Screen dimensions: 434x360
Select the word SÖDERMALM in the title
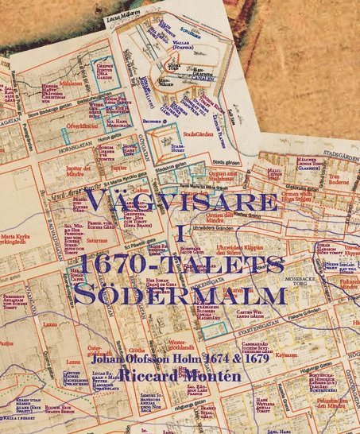pos(181,294)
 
